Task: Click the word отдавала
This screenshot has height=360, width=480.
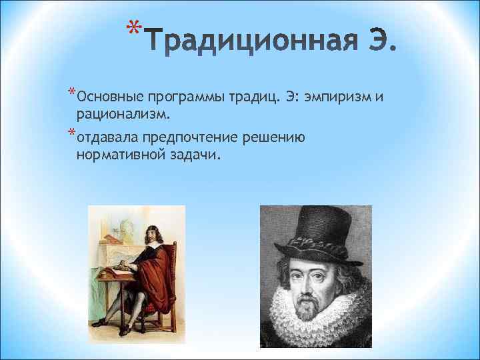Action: point(107,139)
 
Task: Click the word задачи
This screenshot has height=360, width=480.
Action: point(195,155)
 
